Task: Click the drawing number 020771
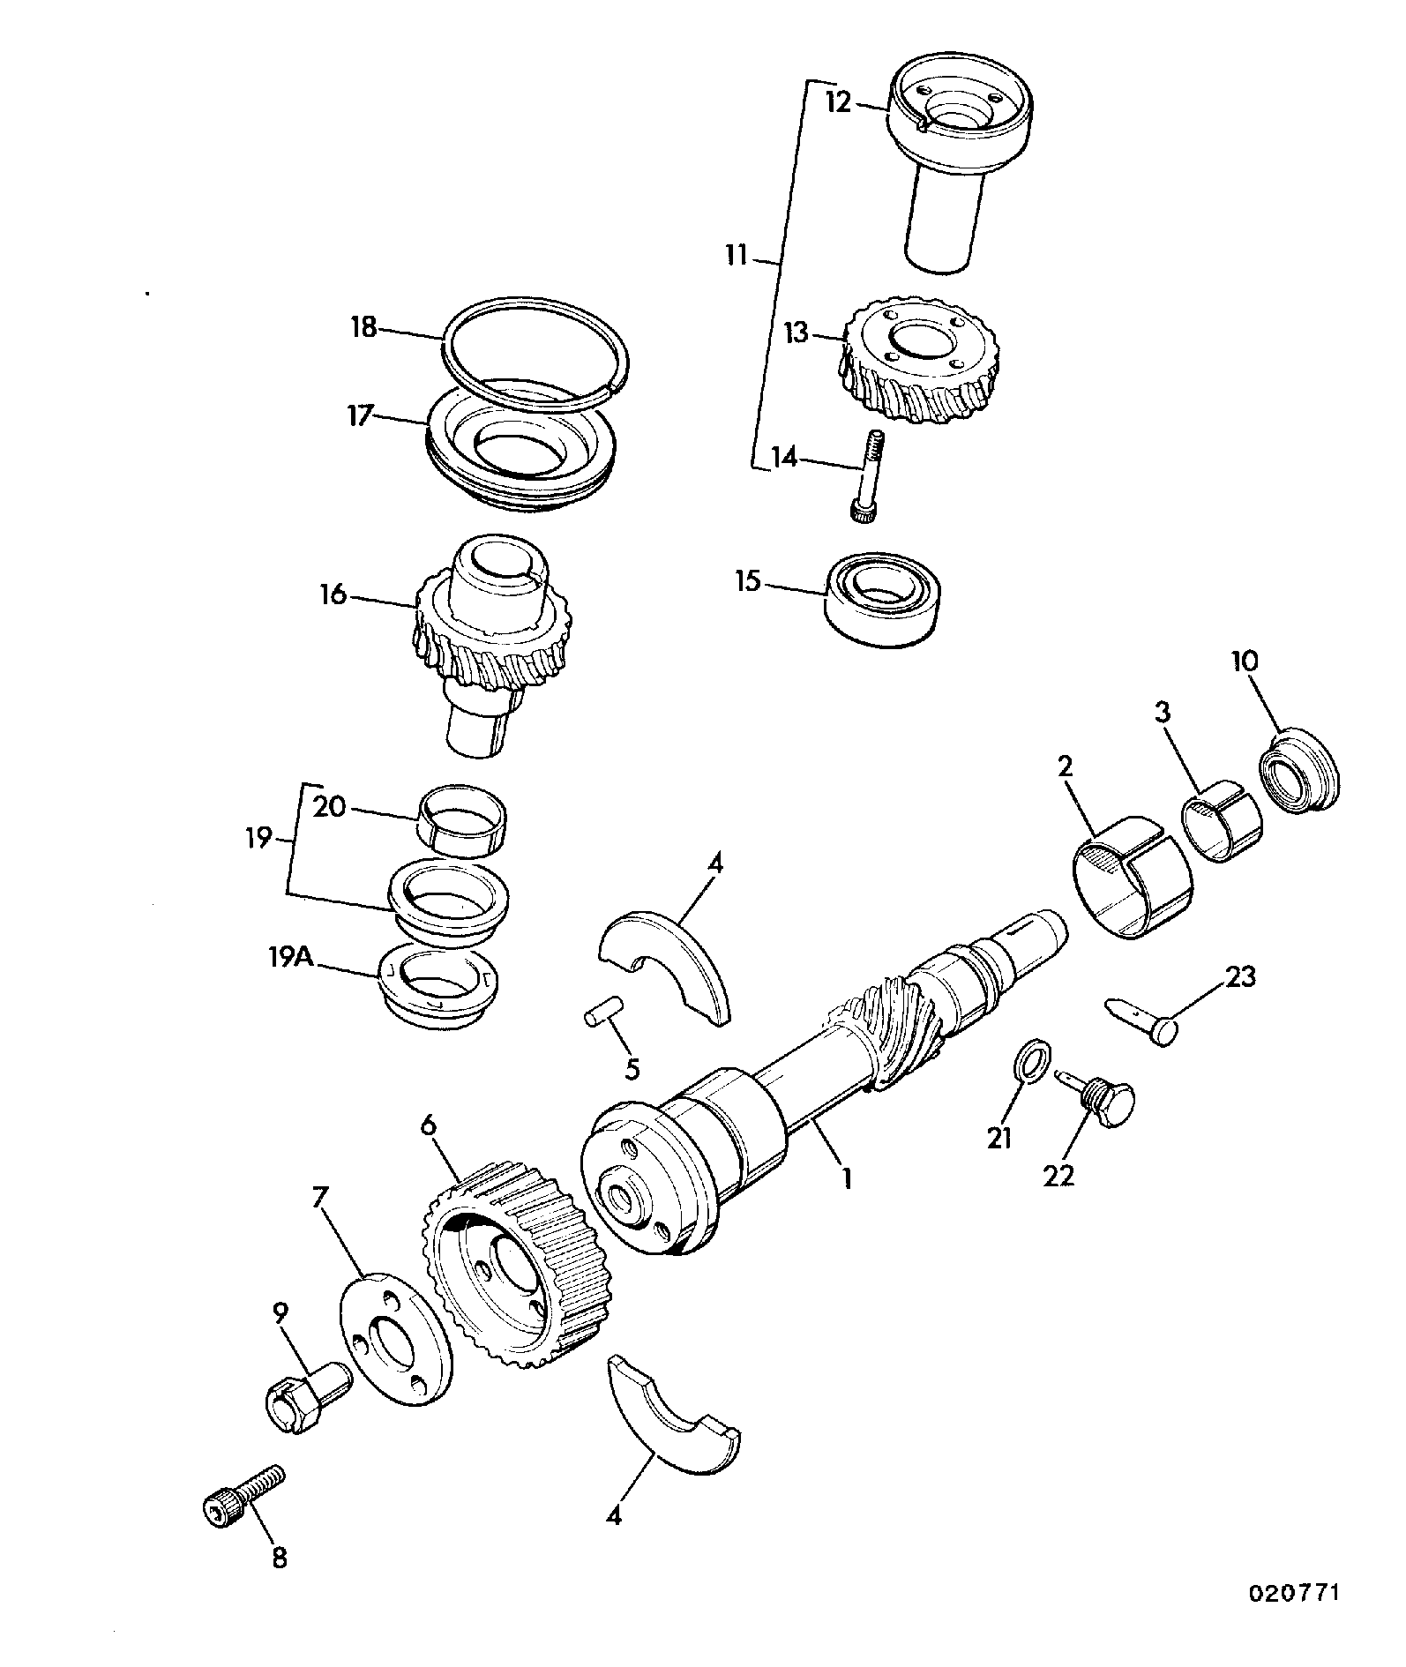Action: (1295, 1593)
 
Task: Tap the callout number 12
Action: (838, 102)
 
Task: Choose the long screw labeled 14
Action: (868, 477)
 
